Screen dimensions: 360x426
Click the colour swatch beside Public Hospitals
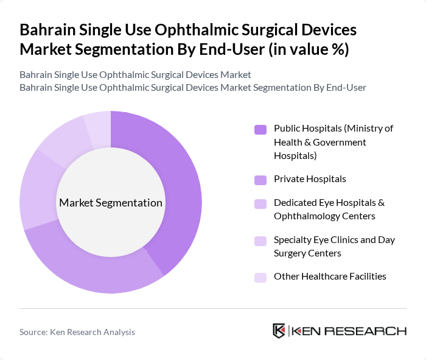(260, 129)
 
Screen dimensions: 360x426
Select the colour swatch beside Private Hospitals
(260, 180)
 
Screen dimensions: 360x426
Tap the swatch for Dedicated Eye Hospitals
(260, 203)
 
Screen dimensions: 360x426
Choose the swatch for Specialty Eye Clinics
(260, 241)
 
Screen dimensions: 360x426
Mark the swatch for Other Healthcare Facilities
(260, 277)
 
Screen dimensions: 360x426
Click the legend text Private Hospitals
(310, 179)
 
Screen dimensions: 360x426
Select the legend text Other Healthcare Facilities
(330, 277)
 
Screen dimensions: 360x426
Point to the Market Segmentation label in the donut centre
(111, 203)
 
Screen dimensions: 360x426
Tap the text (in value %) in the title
(309, 49)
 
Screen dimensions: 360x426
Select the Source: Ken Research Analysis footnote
(77, 332)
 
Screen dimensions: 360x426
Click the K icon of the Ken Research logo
(279, 331)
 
